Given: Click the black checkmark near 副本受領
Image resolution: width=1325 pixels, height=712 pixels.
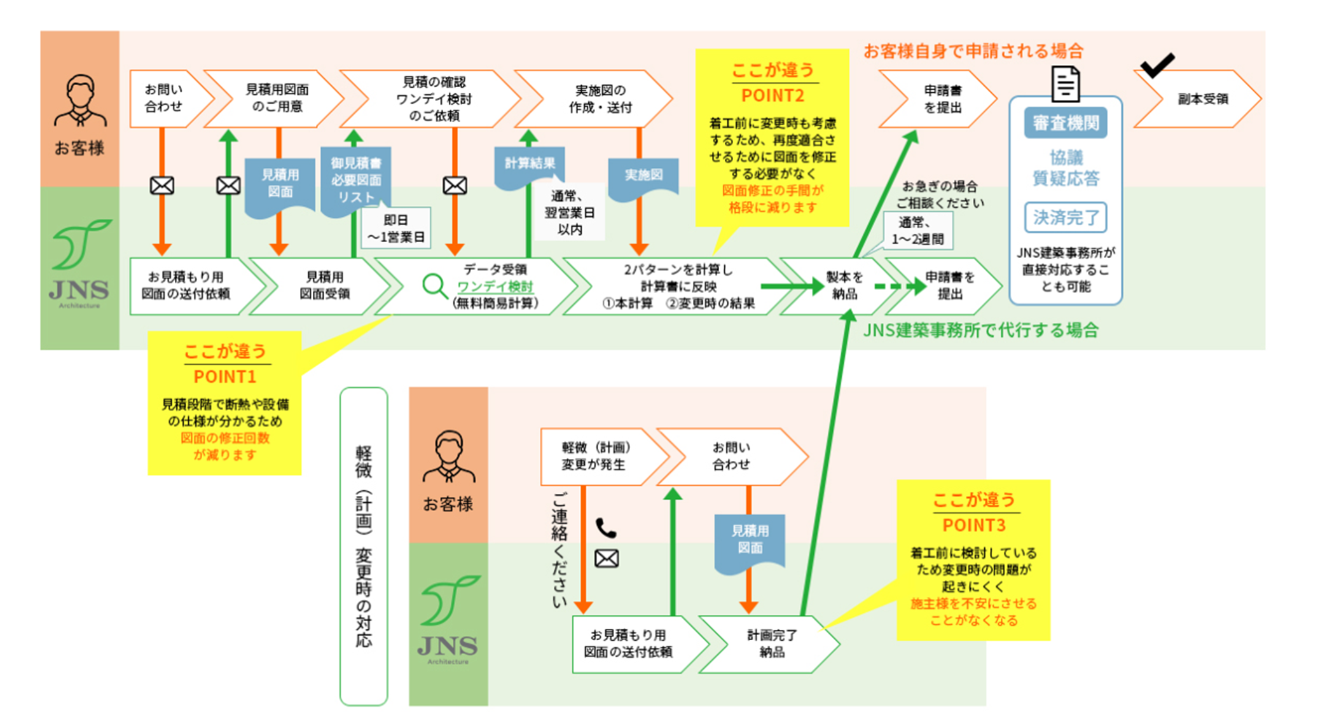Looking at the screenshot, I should (x=1157, y=65).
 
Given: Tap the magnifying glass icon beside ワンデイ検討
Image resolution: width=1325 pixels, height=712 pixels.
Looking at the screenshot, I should (x=435, y=285).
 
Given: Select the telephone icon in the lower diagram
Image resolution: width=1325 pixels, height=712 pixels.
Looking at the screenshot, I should (x=606, y=528).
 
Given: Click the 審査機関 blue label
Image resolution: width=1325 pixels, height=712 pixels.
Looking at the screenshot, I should (x=1066, y=123).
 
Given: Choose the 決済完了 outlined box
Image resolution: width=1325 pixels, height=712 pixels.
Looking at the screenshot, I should (x=1066, y=218).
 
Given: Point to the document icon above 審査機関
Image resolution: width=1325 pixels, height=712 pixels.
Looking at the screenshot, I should (x=1066, y=83).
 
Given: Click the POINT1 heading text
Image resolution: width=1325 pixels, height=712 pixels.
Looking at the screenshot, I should (x=225, y=377).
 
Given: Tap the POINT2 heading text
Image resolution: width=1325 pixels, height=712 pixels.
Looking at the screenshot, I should (x=772, y=96).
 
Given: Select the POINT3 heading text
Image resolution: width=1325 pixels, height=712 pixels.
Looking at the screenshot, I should (x=973, y=526).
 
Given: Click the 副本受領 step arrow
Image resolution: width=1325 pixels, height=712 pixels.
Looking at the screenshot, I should (x=1199, y=99).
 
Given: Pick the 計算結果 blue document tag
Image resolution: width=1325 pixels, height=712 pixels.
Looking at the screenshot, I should (x=530, y=166).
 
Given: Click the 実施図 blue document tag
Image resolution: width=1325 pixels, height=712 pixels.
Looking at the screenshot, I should (x=643, y=177).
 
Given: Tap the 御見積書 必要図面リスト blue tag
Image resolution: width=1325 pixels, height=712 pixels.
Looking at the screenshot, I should (x=355, y=181).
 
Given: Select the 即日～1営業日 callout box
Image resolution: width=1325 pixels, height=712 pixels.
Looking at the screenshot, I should (x=395, y=228).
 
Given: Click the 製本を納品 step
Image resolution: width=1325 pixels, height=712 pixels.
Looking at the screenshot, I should (x=844, y=286).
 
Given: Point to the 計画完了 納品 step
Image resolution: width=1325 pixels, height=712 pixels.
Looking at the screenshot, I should (x=771, y=644).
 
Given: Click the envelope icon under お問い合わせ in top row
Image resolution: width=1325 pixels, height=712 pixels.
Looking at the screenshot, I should (x=162, y=186).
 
